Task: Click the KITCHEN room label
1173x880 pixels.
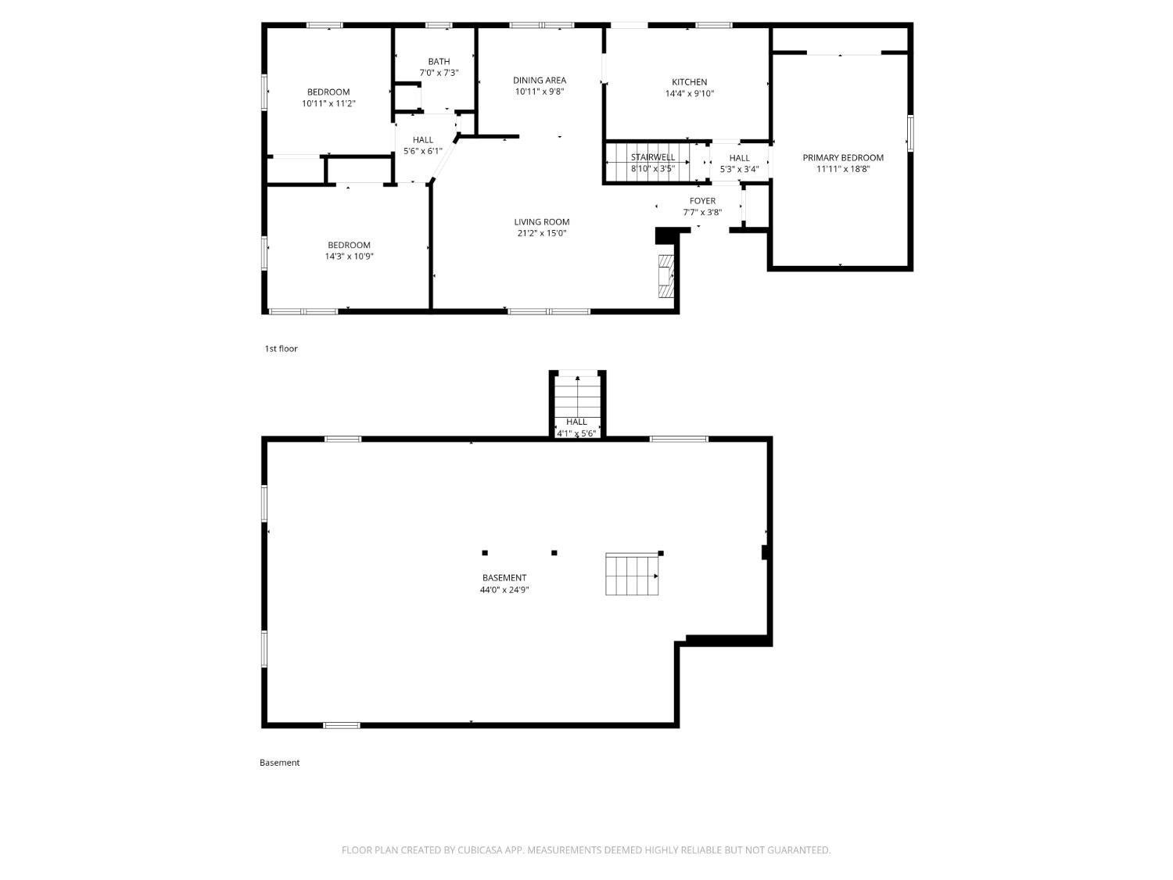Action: pyautogui.click(x=689, y=82)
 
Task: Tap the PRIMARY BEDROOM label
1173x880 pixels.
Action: pyautogui.click(x=843, y=158)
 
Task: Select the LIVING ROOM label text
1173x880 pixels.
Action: pyautogui.click(x=541, y=221)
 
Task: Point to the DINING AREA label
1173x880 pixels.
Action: pyautogui.click(x=540, y=80)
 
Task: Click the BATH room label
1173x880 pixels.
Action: pyautogui.click(x=439, y=62)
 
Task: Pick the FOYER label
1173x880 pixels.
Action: pyautogui.click(x=702, y=201)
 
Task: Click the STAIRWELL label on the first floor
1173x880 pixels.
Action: pyautogui.click(x=652, y=157)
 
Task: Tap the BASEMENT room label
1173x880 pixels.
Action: pyautogui.click(x=504, y=577)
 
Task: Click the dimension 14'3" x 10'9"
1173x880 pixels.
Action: pyautogui.click(x=349, y=257)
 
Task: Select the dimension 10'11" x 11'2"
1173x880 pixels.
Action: pyautogui.click(x=328, y=104)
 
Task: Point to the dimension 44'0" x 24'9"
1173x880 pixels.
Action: pyautogui.click(x=504, y=590)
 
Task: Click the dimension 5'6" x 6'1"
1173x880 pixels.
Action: pyautogui.click(x=423, y=151)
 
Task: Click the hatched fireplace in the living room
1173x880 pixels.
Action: pyautogui.click(x=665, y=275)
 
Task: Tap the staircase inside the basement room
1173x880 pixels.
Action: pyautogui.click(x=632, y=574)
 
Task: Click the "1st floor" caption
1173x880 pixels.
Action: pyautogui.click(x=281, y=349)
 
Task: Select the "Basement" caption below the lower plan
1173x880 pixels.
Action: pyautogui.click(x=279, y=763)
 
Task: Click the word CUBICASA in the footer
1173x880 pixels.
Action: pyautogui.click(x=480, y=850)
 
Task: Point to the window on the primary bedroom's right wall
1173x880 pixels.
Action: pyautogui.click(x=910, y=133)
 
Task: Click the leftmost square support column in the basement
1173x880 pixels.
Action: pyautogui.click(x=485, y=553)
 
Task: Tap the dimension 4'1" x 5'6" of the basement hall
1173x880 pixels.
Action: pyautogui.click(x=576, y=433)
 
